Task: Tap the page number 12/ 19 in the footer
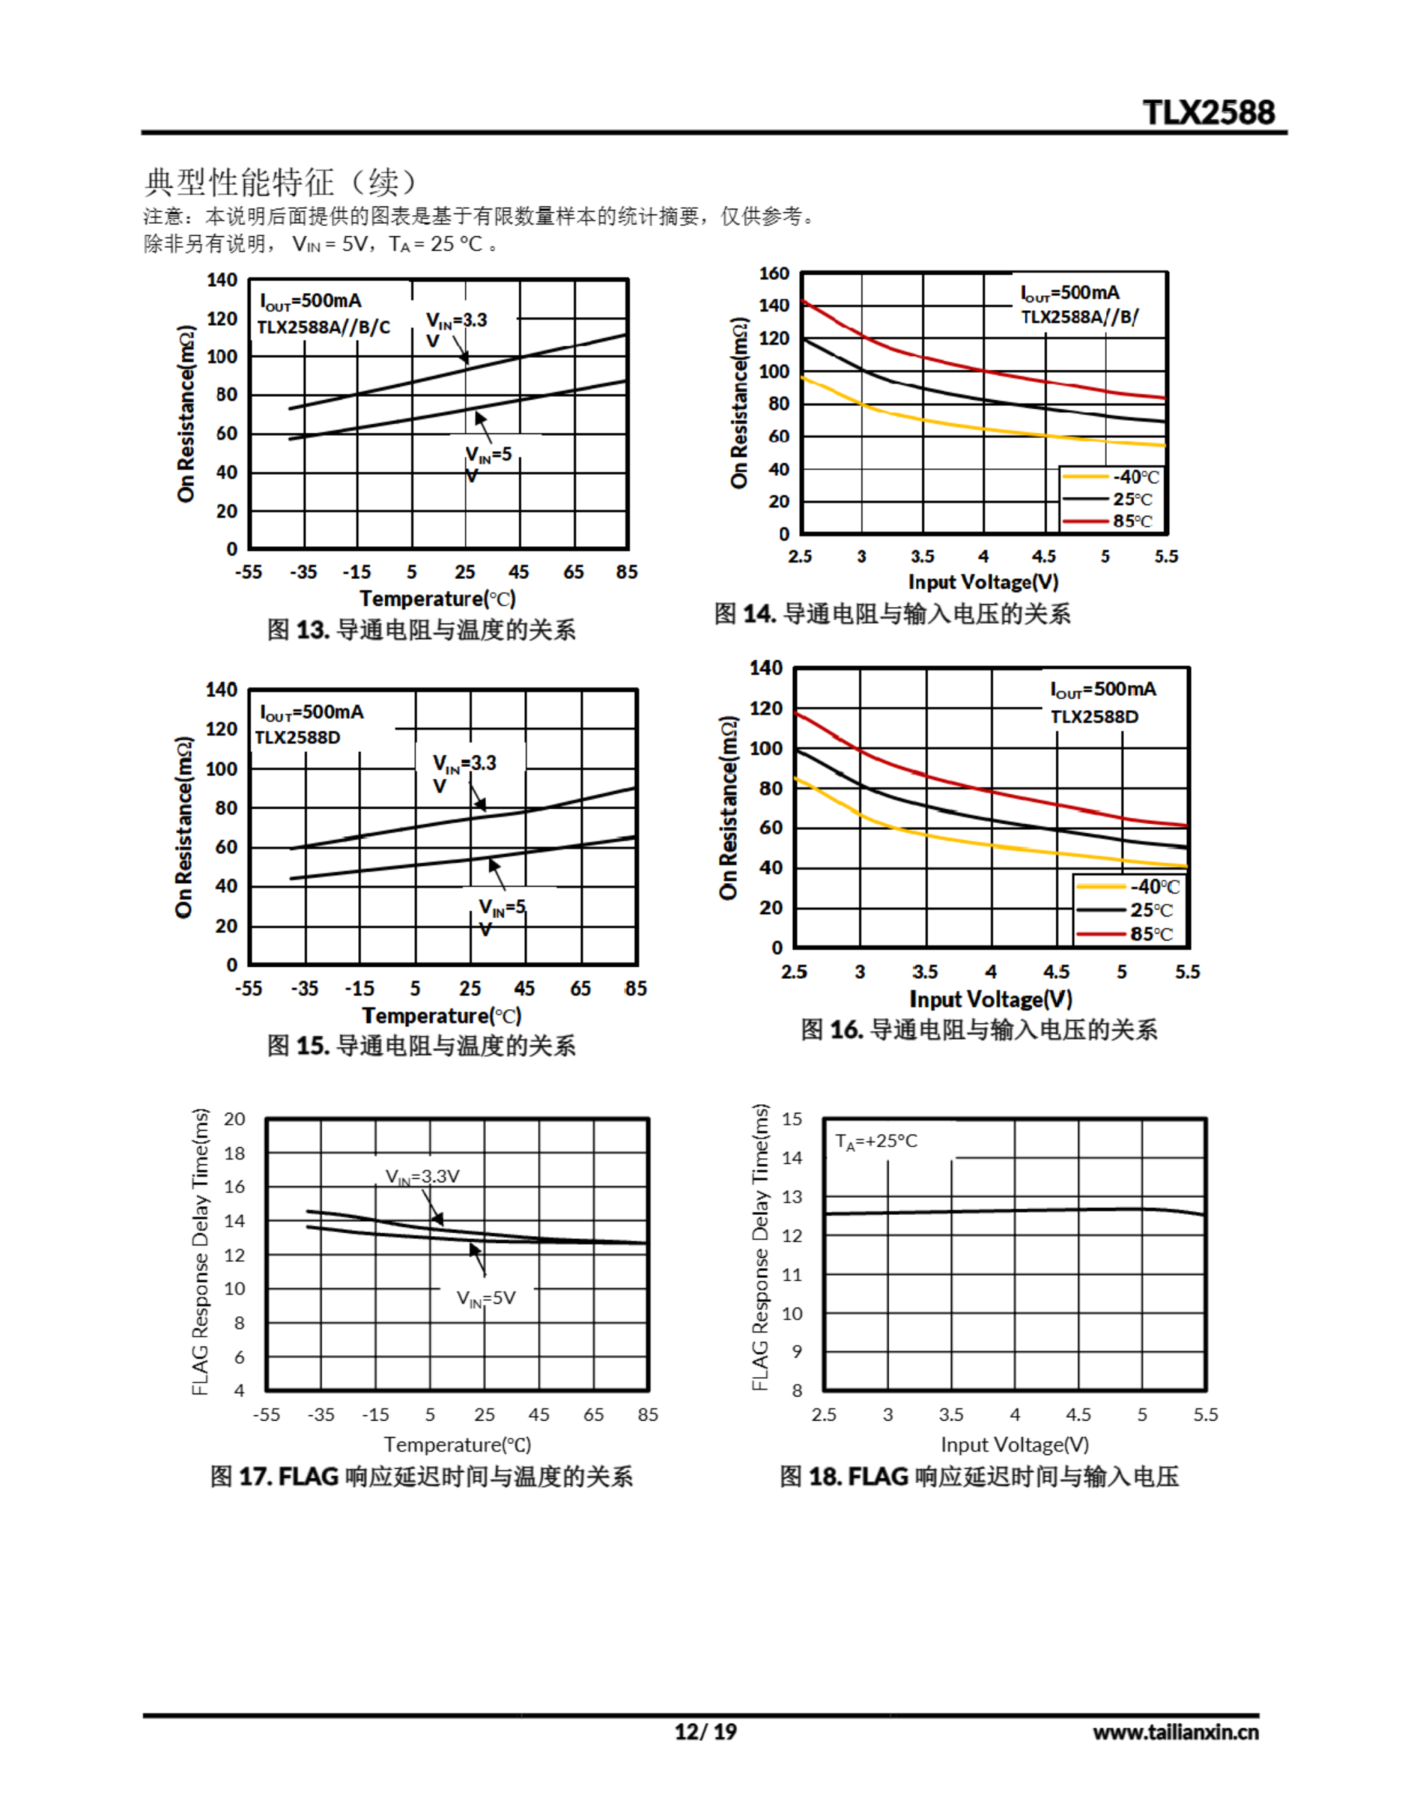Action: tap(705, 1731)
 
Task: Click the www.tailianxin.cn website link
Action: tap(1175, 1732)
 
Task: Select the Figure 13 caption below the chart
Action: tap(420, 629)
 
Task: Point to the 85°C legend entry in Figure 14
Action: tap(1132, 521)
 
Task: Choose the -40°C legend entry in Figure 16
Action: tap(1153, 887)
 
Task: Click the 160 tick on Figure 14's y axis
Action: tap(774, 274)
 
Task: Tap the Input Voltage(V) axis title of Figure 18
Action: tap(1014, 1444)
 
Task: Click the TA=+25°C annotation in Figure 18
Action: tap(876, 1141)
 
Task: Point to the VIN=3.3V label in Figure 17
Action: tap(422, 1177)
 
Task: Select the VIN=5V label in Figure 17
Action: tap(486, 1298)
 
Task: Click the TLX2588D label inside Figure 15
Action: tap(298, 737)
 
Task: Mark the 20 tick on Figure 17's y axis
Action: tap(235, 1119)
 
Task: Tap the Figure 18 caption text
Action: tap(978, 1477)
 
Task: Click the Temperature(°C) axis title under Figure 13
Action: tap(437, 598)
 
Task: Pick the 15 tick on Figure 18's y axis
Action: tap(792, 1119)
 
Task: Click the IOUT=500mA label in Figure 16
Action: tap(1102, 690)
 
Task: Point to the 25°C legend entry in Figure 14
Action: tap(1132, 499)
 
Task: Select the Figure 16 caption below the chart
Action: tap(978, 1029)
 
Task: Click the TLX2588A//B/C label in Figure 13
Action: tap(323, 327)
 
